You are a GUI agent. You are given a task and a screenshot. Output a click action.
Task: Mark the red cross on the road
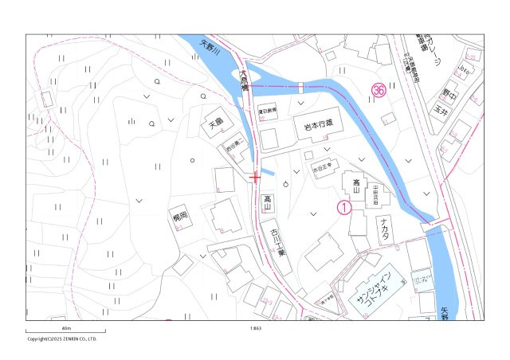[254, 177]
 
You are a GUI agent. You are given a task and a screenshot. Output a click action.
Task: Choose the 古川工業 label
[276, 242]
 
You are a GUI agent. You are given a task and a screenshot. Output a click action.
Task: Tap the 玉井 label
[439, 112]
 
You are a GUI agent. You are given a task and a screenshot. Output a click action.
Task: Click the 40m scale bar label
[66, 328]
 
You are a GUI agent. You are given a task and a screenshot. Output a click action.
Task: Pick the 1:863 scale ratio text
[255, 328]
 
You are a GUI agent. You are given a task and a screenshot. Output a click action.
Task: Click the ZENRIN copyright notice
[62, 338]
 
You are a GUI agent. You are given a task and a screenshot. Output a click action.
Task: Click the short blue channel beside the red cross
[268, 172]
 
